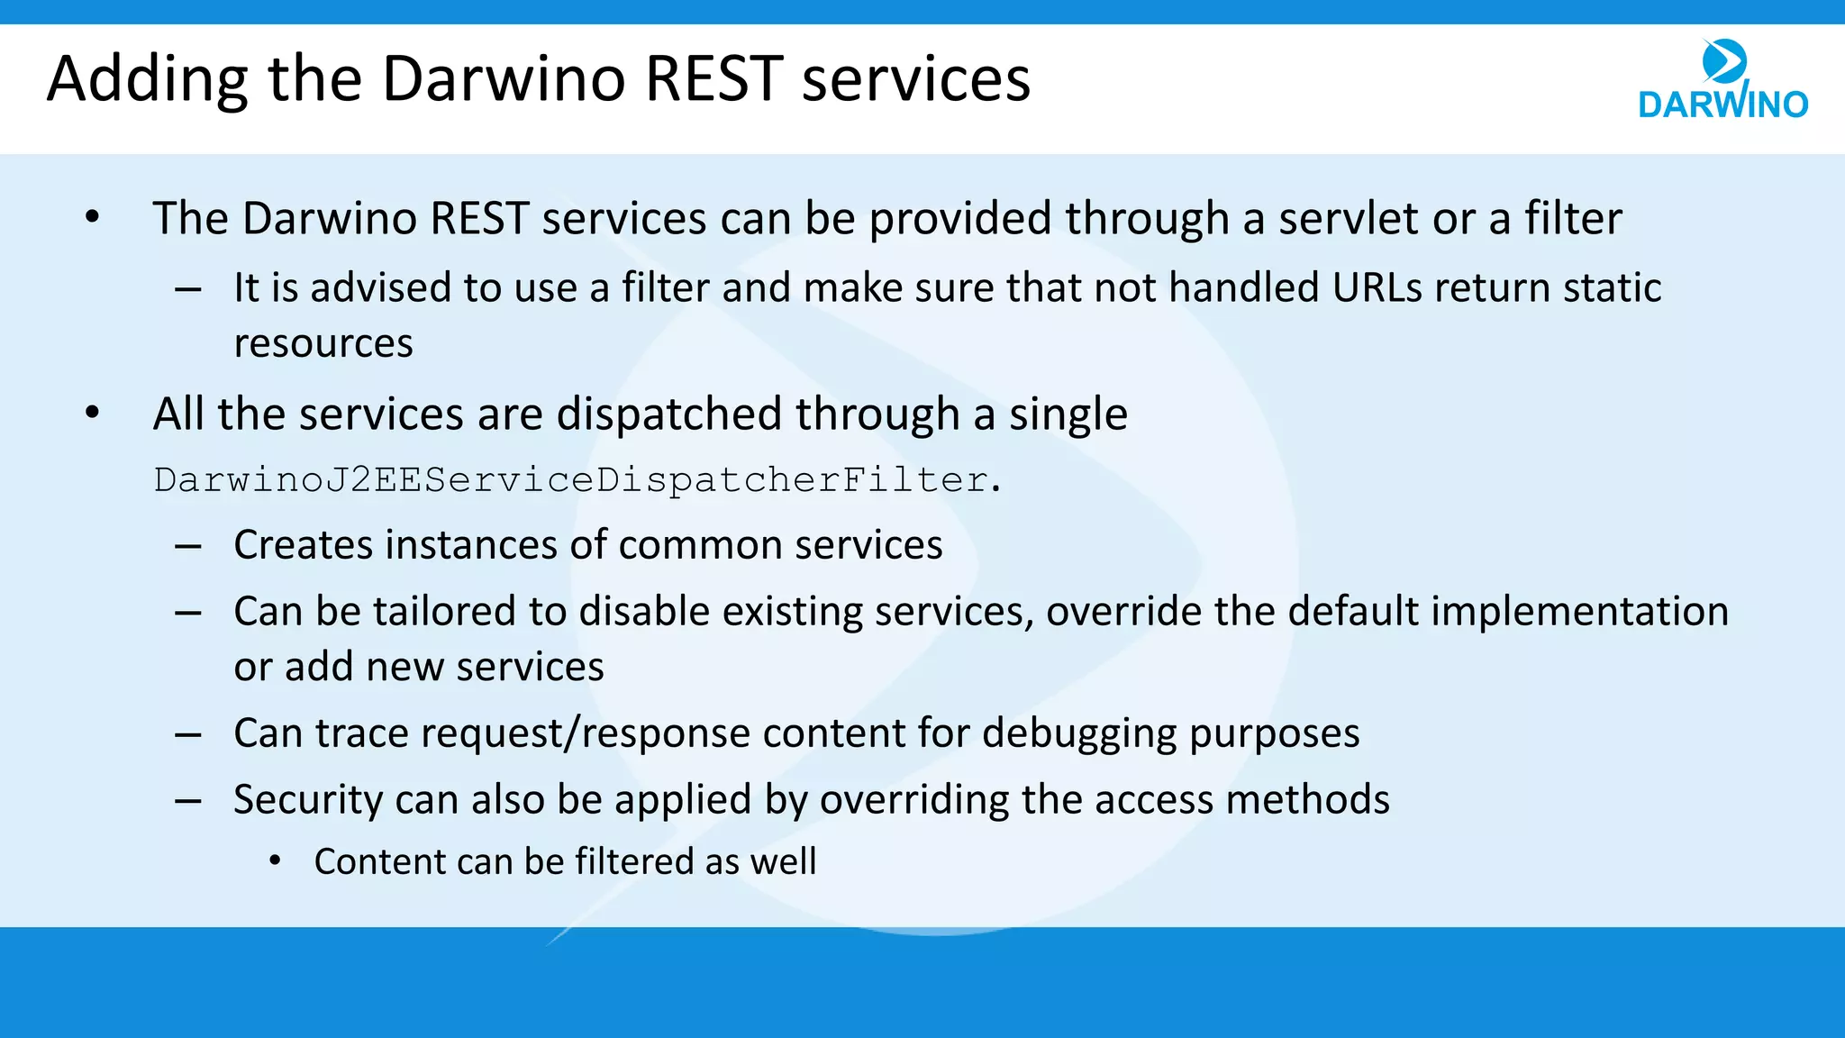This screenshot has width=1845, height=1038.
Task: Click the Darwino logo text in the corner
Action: coord(1722,105)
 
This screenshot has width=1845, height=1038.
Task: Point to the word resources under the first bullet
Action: coord(323,344)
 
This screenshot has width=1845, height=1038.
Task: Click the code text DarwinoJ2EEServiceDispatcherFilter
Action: coord(577,480)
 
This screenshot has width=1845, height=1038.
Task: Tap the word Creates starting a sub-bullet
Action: coord(304,545)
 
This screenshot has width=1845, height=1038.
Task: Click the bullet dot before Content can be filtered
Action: coord(276,861)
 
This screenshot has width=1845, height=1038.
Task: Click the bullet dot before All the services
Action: coord(92,413)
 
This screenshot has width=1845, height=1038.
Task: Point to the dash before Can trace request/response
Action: coord(188,735)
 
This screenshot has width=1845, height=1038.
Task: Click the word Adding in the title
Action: coord(147,79)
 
